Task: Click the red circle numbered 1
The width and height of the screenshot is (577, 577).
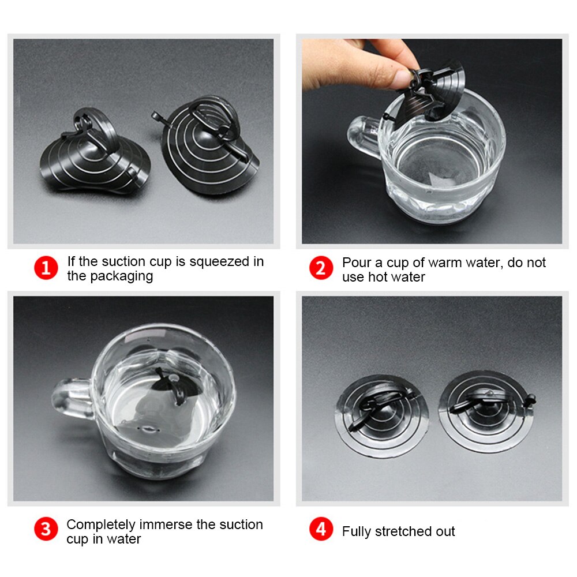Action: coord(46,268)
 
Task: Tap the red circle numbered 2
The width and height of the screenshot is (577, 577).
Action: coord(321,268)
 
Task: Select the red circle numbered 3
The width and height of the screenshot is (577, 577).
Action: coord(46,529)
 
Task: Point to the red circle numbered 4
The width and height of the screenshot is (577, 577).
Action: coord(321,529)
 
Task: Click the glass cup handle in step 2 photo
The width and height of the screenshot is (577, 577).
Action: coord(363,136)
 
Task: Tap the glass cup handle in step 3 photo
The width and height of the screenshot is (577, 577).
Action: coord(72,399)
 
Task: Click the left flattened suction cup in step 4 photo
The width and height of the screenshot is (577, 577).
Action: coord(382,416)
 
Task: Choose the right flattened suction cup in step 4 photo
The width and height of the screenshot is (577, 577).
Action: coord(486,411)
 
